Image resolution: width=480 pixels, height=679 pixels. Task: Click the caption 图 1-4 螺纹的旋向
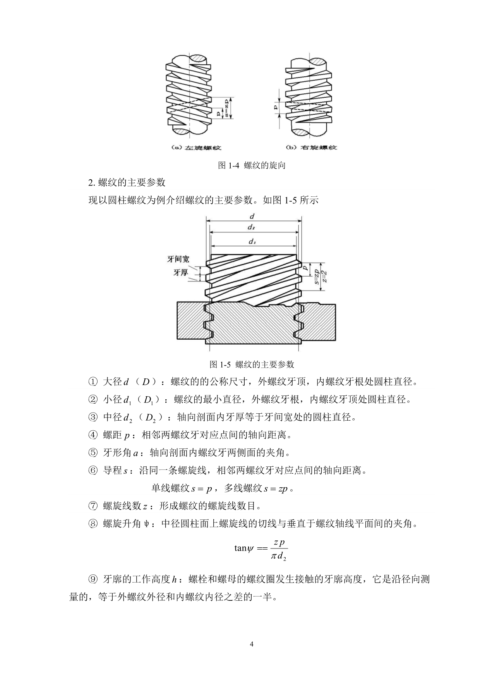point(252,165)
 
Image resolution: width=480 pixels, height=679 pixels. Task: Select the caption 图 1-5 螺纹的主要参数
point(252,364)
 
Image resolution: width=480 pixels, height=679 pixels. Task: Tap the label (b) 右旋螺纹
point(311,148)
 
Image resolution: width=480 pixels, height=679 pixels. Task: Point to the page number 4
point(252,645)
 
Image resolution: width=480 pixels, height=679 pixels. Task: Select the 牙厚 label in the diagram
point(180,273)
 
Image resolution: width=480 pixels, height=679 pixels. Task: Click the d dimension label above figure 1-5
point(252,217)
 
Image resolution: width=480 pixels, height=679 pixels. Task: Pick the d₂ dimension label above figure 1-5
point(251,227)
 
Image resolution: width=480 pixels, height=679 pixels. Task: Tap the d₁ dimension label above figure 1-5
point(252,242)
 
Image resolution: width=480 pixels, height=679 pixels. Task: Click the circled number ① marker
point(93,382)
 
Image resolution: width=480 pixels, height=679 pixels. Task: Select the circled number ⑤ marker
point(93,452)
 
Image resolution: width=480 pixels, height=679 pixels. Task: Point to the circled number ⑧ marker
point(93,524)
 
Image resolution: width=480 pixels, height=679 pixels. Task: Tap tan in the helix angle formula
point(240,548)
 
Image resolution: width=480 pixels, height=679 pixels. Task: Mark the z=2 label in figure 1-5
point(326,274)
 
